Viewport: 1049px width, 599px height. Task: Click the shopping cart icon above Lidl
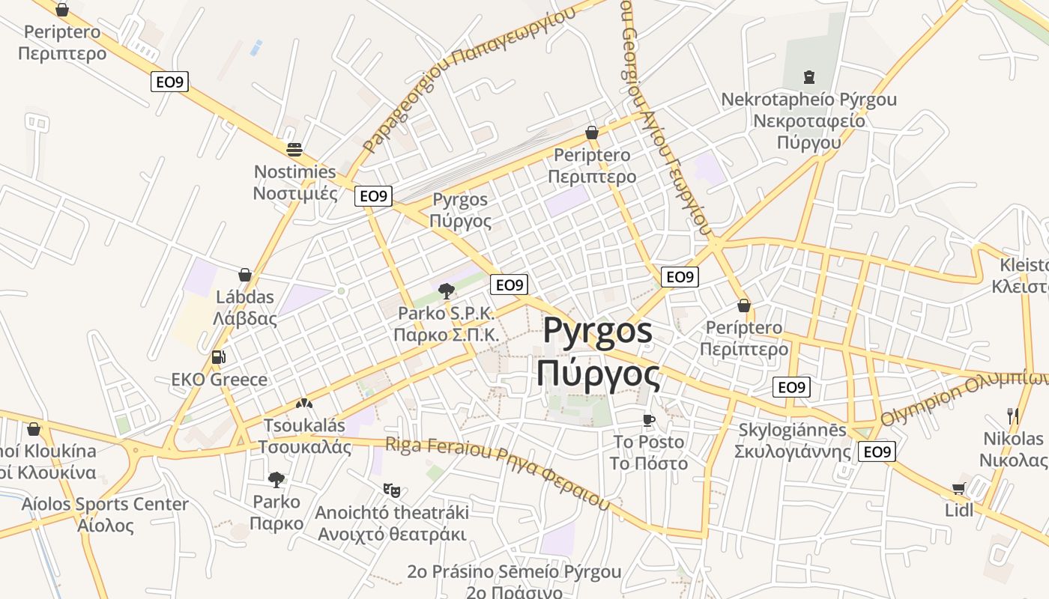tap(958, 489)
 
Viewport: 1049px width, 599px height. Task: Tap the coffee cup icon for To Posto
tap(649, 419)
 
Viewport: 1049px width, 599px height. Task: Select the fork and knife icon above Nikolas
tap(1013, 416)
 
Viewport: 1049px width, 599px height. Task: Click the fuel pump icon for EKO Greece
tap(218, 357)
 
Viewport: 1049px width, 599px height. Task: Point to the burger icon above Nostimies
tap(294, 149)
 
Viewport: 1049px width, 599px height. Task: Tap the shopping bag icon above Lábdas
tap(245, 275)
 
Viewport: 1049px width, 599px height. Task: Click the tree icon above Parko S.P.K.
tap(447, 291)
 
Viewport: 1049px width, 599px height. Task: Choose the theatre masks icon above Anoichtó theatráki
tap(391, 490)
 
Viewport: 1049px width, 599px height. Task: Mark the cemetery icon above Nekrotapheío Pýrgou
tap(808, 76)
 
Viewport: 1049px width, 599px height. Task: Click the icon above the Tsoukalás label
tap(303, 404)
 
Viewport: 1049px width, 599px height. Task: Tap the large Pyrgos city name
tap(598, 352)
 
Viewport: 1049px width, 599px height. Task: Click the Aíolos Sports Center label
tap(105, 514)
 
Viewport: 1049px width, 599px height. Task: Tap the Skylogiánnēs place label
tap(793, 440)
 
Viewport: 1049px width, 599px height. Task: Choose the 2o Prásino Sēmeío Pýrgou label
tap(514, 572)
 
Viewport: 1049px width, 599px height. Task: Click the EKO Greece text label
tap(219, 379)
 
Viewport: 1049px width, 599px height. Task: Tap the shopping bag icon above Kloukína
tap(33, 429)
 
